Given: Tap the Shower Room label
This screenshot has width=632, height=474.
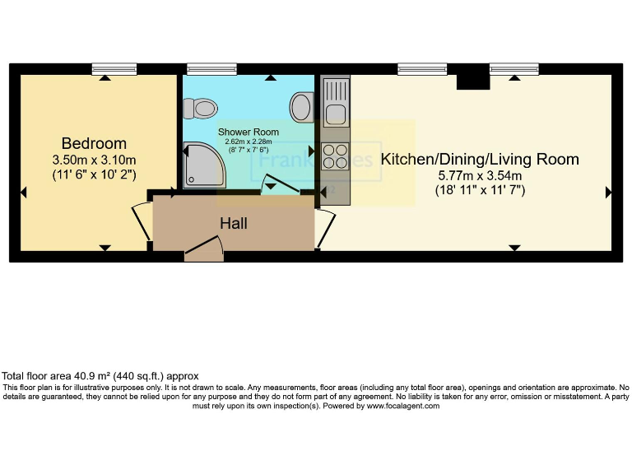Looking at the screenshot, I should click(248, 132).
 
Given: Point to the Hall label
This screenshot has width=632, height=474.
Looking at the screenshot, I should click(233, 223).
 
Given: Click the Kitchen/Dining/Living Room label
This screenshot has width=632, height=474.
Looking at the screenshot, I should click(480, 160).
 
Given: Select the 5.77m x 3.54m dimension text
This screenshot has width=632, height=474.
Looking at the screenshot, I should click(481, 175).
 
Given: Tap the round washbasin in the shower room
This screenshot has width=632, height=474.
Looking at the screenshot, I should click(302, 106).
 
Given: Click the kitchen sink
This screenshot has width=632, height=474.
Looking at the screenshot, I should click(335, 106).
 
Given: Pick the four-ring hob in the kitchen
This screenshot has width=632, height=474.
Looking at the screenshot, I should click(335, 156).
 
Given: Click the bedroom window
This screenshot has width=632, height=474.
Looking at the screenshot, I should click(114, 69).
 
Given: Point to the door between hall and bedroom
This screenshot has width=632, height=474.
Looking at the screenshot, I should click(142, 221).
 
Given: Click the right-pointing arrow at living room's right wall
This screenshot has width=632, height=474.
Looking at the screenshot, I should click(608, 193).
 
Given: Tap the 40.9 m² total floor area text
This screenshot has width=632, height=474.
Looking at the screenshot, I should click(100, 375).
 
